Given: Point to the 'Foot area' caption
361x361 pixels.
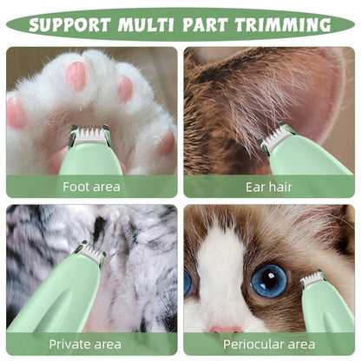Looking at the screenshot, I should tap(91, 186).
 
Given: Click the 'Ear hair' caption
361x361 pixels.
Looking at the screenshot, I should tap(269, 186).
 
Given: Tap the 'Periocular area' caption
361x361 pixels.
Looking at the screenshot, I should tap(269, 344).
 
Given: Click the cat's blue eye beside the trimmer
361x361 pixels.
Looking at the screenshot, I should tap(269, 279).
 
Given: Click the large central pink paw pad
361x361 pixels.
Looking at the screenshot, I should tap(76, 75).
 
